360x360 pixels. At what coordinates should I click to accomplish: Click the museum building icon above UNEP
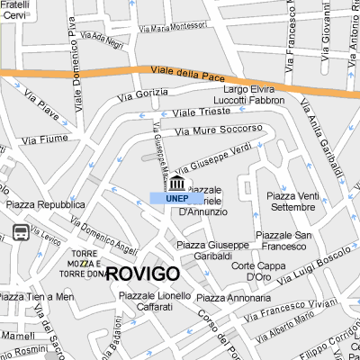point(175,184)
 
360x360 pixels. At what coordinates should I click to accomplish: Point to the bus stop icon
point(19,234)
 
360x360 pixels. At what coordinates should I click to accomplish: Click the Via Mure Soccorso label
point(219,130)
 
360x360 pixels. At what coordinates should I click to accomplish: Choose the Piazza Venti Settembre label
point(292,202)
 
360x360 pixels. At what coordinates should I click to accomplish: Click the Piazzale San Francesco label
point(283,240)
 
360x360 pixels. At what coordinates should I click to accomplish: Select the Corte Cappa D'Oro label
point(251,271)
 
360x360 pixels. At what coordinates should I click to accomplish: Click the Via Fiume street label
point(44,139)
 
